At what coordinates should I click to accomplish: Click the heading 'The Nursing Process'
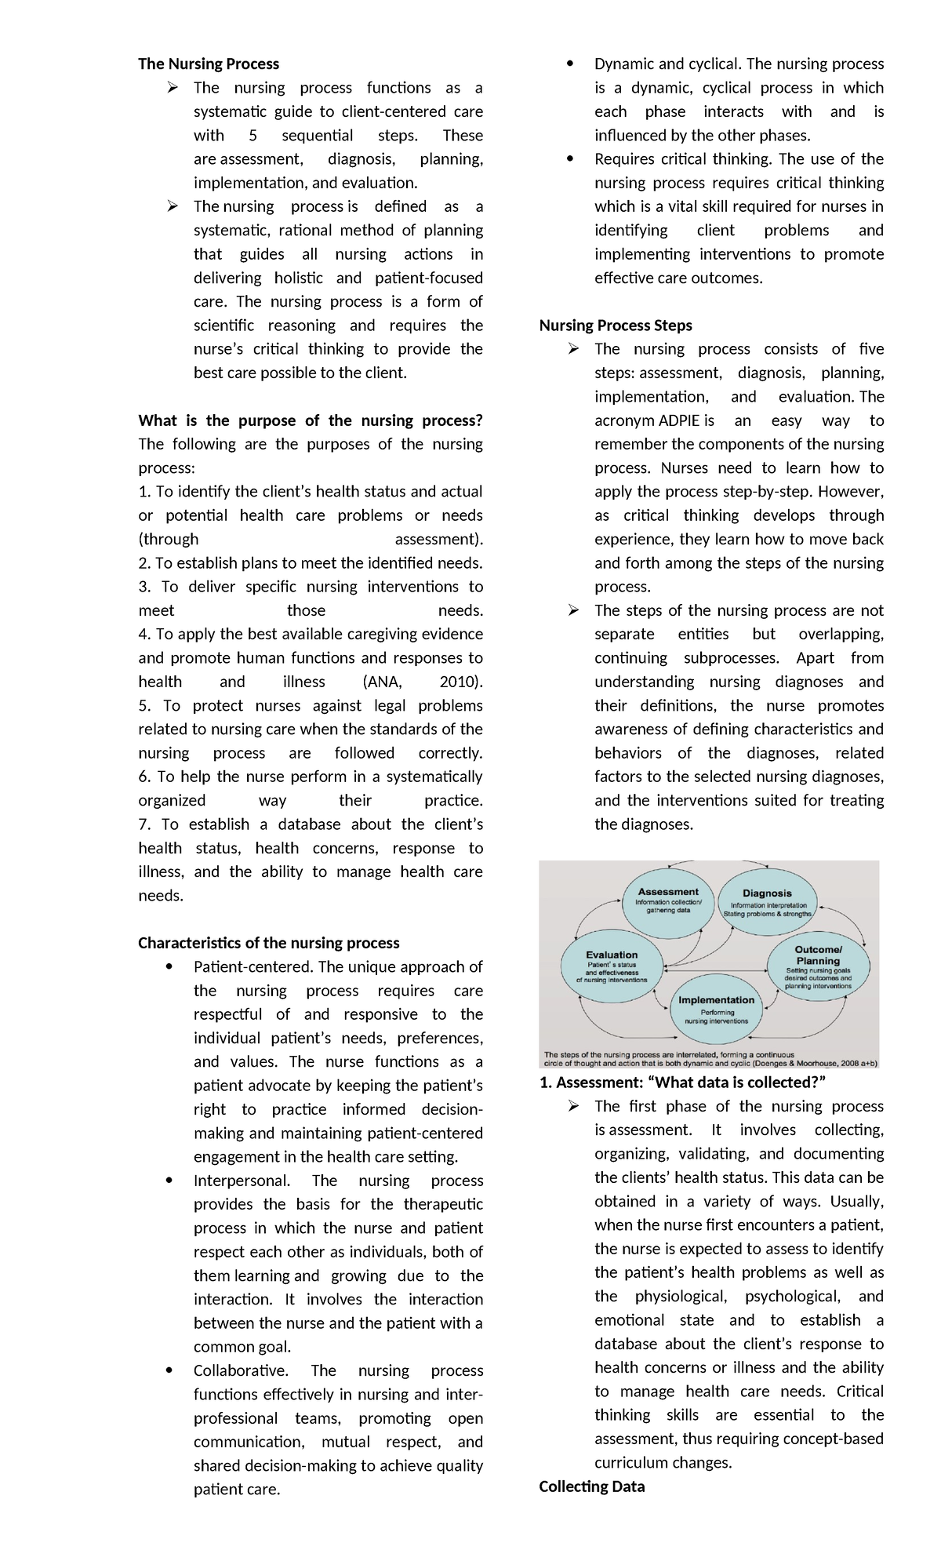coord(208,64)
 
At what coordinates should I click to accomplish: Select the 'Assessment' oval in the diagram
coord(668,901)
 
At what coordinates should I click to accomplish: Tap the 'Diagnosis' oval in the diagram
coord(767,903)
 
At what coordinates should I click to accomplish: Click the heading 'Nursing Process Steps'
coord(616,326)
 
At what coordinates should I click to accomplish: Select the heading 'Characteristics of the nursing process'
coord(269,943)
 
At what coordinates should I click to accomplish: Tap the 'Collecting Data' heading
coord(591,1486)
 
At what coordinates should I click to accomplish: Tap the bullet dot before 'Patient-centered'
coord(169,967)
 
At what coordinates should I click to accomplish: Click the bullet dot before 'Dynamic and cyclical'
coord(569,64)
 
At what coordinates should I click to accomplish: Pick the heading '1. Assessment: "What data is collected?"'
coord(682,1082)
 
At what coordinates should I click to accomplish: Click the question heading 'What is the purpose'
coord(311,420)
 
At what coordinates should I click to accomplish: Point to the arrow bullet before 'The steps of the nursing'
coord(574,610)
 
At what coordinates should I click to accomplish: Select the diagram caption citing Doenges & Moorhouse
coord(710,1060)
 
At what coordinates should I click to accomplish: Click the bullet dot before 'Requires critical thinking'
coord(569,159)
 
